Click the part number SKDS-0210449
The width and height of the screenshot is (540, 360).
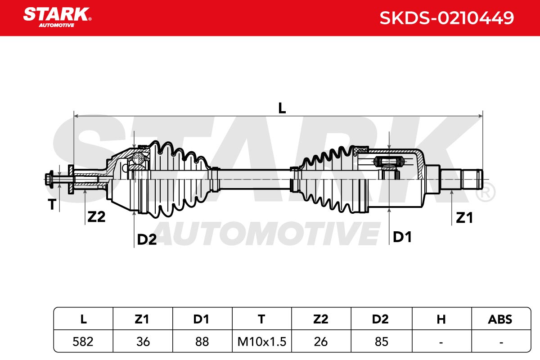[447, 18]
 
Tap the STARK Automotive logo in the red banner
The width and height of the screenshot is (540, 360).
[57, 18]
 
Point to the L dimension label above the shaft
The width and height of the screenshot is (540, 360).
[282, 108]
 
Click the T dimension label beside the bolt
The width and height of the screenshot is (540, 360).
[52, 204]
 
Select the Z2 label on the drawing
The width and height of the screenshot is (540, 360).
[96, 216]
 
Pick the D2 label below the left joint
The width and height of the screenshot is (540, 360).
[147, 239]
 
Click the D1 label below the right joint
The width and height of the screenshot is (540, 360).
[402, 237]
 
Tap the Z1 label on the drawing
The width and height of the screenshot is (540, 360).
[464, 218]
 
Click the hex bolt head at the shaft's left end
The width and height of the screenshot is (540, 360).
[49, 180]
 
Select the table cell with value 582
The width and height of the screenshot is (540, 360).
[83, 342]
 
